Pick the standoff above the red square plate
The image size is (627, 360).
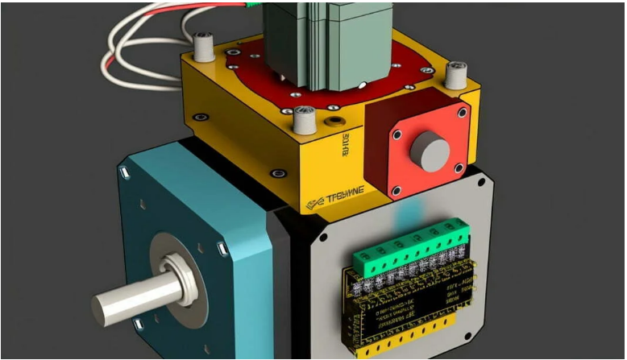click(x=457, y=74)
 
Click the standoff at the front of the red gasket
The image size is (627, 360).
click(x=305, y=120)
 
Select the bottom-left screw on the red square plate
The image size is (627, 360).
click(x=396, y=190)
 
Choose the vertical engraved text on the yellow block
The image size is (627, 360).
click(x=347, y=146)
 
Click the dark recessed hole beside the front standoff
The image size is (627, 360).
click(x=333, y=123)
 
